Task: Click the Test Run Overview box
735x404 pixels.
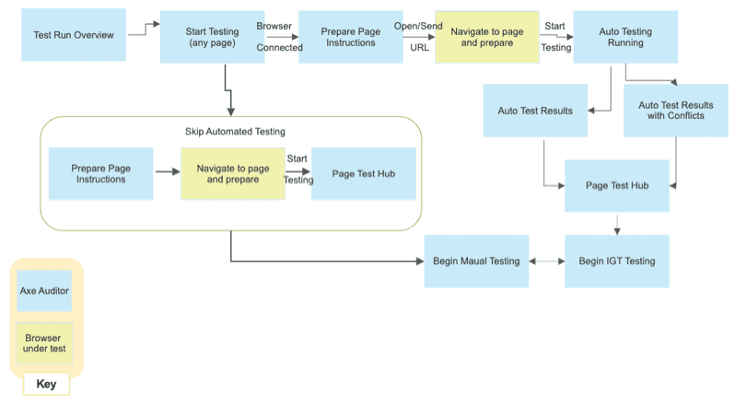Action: (x=74, y=35)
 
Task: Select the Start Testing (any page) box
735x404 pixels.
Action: (x=212, y=37)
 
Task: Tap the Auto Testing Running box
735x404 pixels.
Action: (x=624, y=37)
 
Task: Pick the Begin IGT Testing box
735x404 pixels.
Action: (x=616, y=261)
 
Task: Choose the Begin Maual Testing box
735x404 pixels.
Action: (x=476, y=261)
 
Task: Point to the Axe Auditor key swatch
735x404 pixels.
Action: (x=45, y=291)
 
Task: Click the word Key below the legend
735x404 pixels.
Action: (x=45, y=383)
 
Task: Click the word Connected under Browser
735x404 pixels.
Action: (x=279, y=47)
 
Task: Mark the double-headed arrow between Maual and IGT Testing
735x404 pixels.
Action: (x=547, y=261)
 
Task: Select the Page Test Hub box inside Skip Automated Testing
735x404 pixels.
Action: (x=363, y=173)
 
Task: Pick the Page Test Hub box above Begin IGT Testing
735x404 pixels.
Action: (x=616, y=185)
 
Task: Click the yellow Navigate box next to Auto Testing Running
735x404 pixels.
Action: (x=487, y=37)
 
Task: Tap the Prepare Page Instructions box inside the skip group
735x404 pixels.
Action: (x=99, y=173)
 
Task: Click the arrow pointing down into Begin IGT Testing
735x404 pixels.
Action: (x=616, y=224)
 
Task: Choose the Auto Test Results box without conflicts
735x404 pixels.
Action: (x=535, y=111)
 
